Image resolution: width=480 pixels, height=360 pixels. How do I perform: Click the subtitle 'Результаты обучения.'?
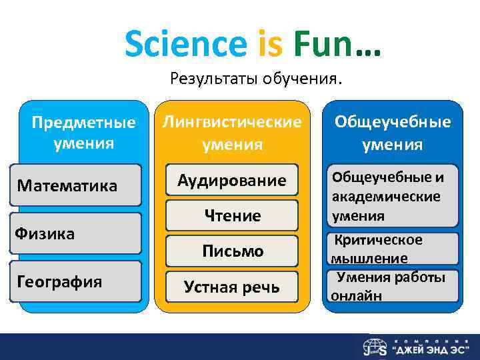coord(256,79)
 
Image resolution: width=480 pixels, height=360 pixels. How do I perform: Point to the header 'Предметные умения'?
coord(83,133)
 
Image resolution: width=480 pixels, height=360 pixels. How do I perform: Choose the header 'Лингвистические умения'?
coord(232,133)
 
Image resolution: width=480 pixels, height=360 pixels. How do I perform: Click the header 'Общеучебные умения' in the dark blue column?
coord(393,133)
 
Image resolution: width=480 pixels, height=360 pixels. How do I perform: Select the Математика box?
coord(75,185)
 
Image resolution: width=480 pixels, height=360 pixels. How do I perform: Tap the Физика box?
coord(75,233)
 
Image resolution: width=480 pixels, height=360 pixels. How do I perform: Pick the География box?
coord(75,281)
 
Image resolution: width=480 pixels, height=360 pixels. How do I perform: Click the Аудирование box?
coord(232,180)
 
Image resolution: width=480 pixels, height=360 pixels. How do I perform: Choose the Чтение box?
coord(232,215)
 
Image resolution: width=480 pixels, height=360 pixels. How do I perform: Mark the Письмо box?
coord(232,251)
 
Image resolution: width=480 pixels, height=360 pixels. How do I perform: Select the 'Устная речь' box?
coord(232,287)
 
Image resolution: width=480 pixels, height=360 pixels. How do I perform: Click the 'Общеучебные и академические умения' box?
coord(392,196)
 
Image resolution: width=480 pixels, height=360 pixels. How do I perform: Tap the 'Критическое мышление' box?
coord(392,248)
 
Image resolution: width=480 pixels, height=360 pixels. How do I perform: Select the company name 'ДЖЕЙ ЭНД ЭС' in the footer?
coord(433,350)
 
